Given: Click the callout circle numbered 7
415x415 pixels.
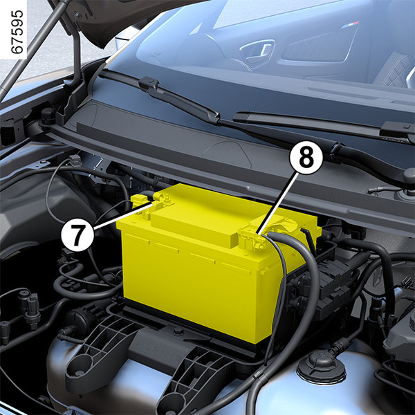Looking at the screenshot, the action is click(77, 234).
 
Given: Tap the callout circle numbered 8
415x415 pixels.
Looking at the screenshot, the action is click(306, 158).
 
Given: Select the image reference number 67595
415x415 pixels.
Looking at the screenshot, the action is click(17, 32).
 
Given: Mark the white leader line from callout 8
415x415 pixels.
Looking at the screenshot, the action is click(278, 203).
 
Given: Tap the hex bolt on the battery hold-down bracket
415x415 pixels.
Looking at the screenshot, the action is click(178, 331).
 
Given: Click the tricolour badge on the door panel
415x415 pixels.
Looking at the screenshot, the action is click(350, 25).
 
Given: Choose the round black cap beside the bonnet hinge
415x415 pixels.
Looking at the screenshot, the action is click(48, 114).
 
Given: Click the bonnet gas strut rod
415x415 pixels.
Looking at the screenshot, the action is click(32, 48).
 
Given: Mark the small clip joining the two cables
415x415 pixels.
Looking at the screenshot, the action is click(258, 376).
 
